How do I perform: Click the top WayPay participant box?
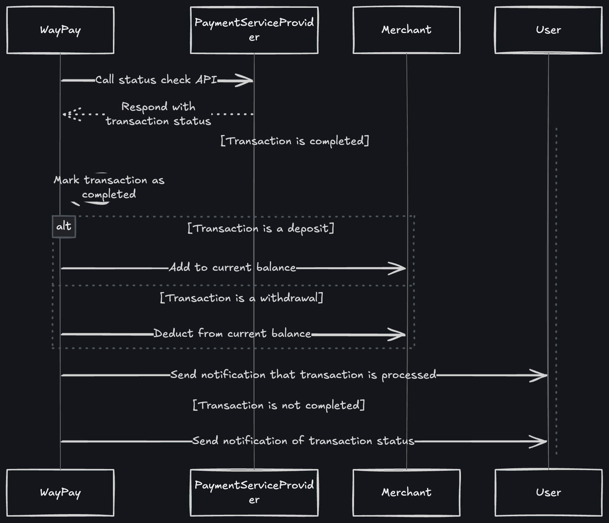60,30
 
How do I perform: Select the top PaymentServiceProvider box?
254,30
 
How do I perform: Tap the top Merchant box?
406,30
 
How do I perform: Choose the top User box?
548,30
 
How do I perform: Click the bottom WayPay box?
60,492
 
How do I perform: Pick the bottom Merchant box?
406,492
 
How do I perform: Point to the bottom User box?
548,492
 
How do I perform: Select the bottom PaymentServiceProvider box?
254,492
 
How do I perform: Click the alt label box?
64,226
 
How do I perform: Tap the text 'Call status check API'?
156,80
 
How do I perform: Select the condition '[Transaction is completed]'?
295,141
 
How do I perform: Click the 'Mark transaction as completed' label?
109,187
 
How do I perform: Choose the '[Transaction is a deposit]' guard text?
261,228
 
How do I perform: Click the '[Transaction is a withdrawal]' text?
241,298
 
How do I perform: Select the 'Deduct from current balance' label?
232,334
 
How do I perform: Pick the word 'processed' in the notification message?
409,375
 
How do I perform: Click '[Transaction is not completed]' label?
279,405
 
